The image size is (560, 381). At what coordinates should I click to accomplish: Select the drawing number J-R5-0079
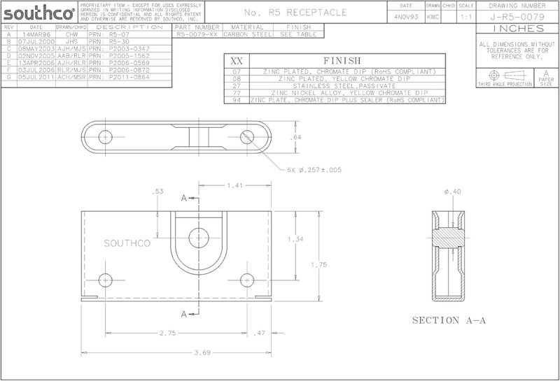point(517,16)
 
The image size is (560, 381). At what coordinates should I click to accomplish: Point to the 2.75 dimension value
point(168,333)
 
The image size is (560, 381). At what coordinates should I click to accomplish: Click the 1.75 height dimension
point(318,264)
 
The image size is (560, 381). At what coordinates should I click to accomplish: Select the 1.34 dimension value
point(297,240)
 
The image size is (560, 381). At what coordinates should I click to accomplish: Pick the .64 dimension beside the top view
point(296,138)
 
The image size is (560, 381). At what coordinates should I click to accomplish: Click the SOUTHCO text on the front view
point(124,243)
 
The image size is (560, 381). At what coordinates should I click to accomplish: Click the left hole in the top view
point(106,136)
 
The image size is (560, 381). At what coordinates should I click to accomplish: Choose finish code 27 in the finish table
point(237,86)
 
